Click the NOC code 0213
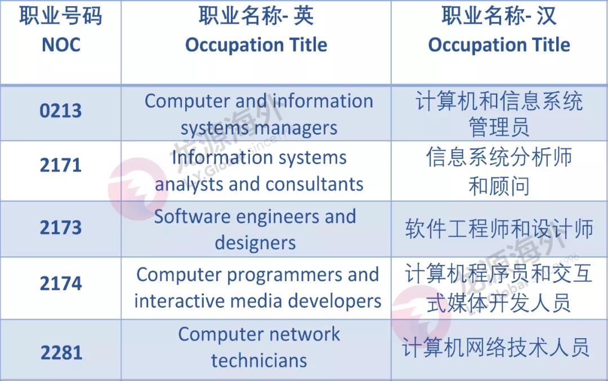coord(60,110)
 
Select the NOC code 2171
coord(60,165)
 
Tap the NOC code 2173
coord(60,227)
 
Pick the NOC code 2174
coord(60,283)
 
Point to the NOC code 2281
coord(61,353)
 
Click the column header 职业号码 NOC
coord(61,30)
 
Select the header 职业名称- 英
coord(256,16)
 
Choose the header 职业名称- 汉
coord(499,16)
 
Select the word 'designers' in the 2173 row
coord(255,243)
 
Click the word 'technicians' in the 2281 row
coord(259,360)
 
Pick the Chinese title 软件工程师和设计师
coord(499,228)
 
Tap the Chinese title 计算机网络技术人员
coord(495,347)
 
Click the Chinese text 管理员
coord(499,127)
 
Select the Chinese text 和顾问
coord(499,185)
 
